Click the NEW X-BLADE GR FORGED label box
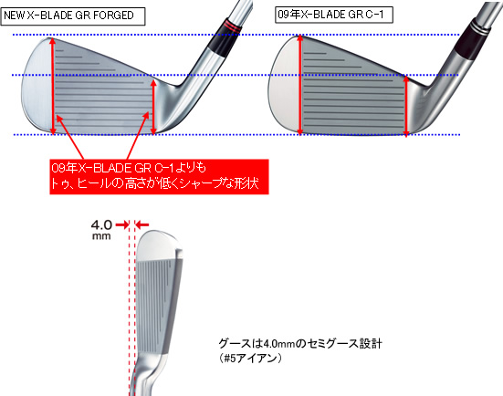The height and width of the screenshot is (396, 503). pos(73,16)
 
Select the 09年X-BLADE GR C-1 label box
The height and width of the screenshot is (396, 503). pos(334,15)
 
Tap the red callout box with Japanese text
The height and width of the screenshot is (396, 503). pos(159,177)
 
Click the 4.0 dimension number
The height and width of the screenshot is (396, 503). pos(101,224)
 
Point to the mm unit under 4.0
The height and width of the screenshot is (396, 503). pos(101,236)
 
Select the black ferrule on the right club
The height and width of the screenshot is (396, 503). pos(470,43)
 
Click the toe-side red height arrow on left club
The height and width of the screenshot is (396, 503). pos(53,87)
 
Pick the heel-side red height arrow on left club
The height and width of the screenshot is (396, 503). pos(153,107)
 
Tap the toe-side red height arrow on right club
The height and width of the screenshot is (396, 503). pos(300,85)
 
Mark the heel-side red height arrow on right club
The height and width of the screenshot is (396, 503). pos(406,107)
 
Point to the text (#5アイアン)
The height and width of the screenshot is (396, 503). pos(250,358)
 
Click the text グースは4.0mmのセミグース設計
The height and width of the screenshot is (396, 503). pos(300,344)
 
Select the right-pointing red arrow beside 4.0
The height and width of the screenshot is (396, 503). pos(122,225)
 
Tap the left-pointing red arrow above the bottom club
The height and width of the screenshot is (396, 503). pos(141,225)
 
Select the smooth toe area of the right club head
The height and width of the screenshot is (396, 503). pos(284,85)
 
